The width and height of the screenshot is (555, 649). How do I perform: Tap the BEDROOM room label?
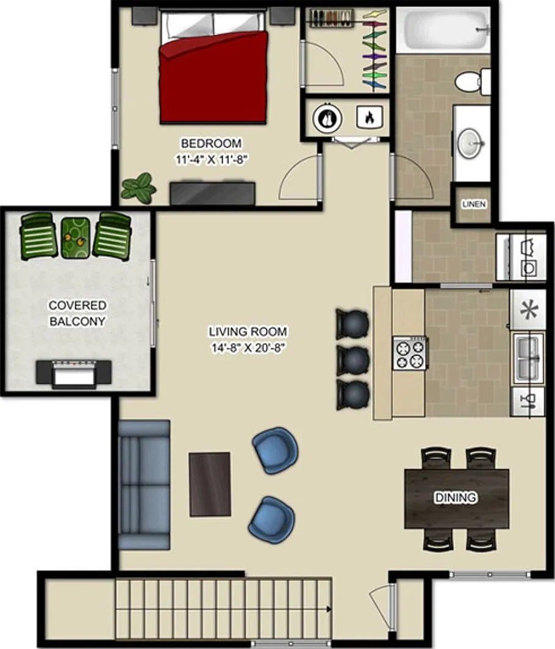(x=211, y=143)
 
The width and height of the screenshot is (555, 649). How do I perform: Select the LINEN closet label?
(x=474, y=204)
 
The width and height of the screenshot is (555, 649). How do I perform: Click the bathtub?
(x=443, y=30)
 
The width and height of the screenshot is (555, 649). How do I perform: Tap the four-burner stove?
(x=410, y=353)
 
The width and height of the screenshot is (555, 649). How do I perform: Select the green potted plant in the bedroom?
(x=138, y=188)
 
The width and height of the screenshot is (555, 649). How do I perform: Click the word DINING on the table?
(x=456, y=497)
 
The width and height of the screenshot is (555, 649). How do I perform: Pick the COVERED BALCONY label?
(x=77, y=313)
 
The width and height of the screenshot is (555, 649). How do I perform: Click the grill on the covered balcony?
(x=74, y=374)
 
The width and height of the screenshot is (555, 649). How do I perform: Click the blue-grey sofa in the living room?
(x=143, y=485)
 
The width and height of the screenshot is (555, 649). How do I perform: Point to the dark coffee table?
(x=210, y=484)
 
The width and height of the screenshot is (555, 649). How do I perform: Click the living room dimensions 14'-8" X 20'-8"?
(x=248, y=348)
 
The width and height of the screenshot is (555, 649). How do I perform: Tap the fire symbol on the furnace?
(x=370, y=117)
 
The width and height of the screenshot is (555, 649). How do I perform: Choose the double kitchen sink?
(x=528, y=359)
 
